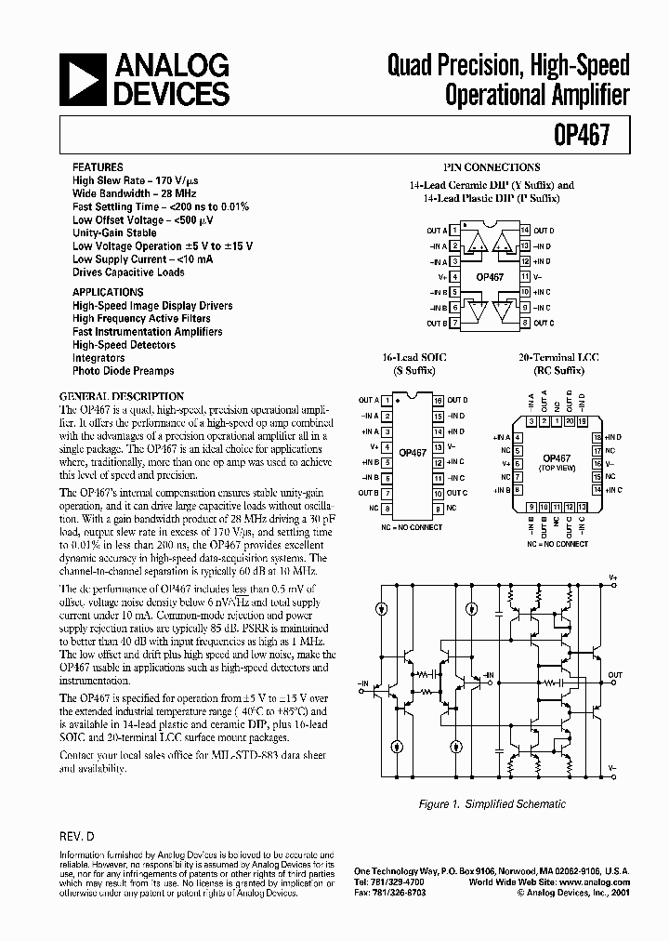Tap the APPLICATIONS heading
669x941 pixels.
[x=108, y=292]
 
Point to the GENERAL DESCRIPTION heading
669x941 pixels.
[x=122, y=396]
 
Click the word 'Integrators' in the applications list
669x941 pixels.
[x=98, y=357]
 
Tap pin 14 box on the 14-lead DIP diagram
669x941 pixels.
[x=525, y=230]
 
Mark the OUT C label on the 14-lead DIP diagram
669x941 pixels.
[x=544, y=323]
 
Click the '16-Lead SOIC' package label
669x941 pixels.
[x=407, y=357]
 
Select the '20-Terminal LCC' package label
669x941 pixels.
[x=552, y=357]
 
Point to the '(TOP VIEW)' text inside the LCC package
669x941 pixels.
[x=556, y=468]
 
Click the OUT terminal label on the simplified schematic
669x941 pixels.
[x=615, y=675]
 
